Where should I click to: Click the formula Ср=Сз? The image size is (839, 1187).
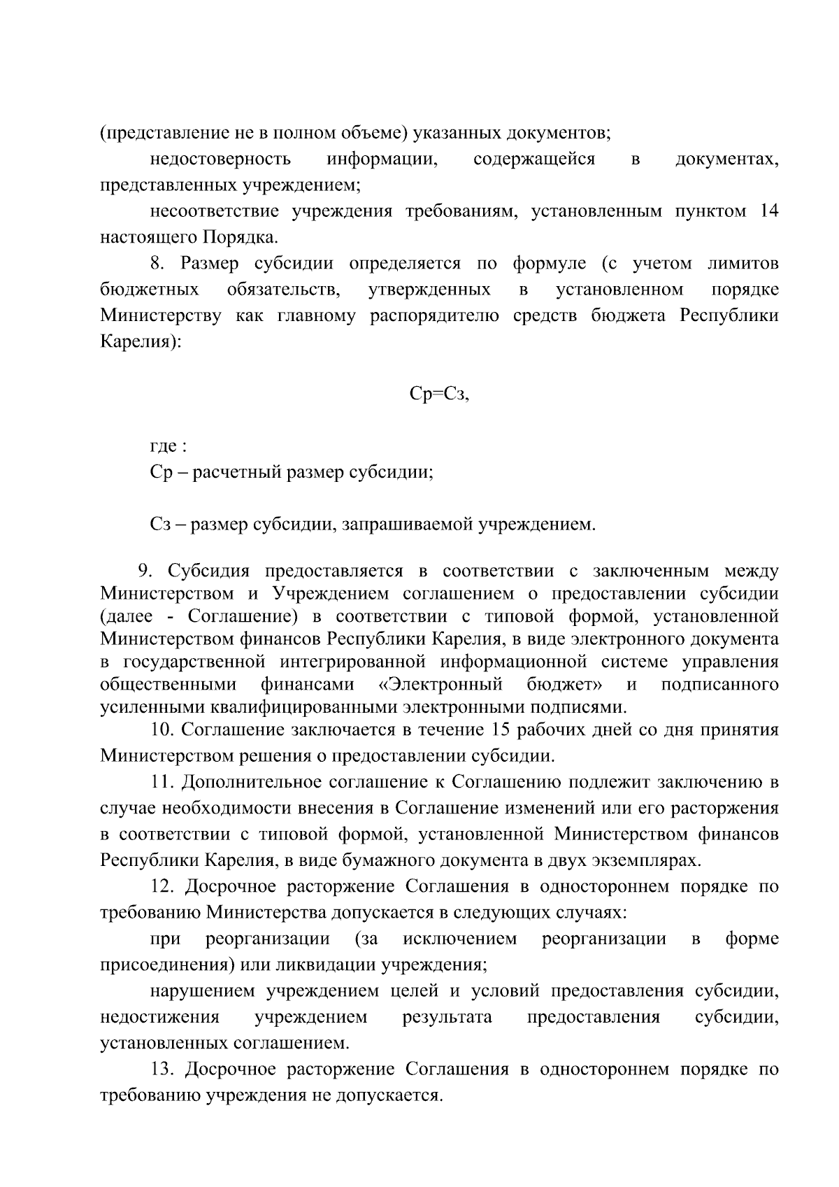point(438,395)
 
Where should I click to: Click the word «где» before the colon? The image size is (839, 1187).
point(164,447)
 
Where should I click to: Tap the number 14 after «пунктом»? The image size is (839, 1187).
point(768,211)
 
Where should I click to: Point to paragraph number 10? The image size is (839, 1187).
point(162,730)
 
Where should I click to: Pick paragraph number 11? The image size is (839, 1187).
point(162,782)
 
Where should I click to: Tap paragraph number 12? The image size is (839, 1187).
point(162,887)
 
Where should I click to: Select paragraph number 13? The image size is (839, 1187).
point(162,1069)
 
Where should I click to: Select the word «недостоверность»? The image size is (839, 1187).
point(220,159)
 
